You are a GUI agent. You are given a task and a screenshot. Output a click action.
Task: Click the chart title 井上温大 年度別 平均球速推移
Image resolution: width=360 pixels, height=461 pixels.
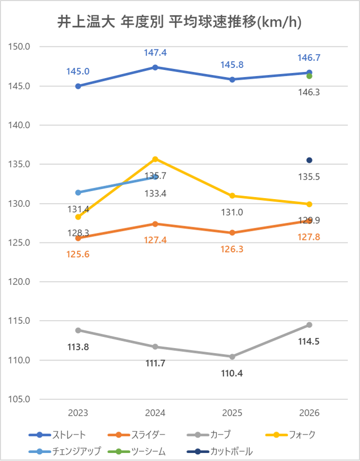pyautogui.click(x=179, y=23)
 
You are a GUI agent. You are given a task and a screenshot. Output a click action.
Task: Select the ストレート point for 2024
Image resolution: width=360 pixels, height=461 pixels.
pyautogui.click(x=155, y=67)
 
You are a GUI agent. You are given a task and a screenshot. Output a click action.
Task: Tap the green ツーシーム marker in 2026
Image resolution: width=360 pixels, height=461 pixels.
pyautogui.click(x=309, y=76)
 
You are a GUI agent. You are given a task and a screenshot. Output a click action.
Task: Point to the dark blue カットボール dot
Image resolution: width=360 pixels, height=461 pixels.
pyautogui.click(x=309, y=160)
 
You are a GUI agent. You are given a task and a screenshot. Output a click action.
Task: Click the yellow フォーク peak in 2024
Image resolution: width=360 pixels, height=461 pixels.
pyautogui.click(x=155, y=159)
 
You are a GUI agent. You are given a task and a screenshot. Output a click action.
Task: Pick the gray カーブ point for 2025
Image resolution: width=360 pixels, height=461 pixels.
pyautogui.click(x=232, y=356)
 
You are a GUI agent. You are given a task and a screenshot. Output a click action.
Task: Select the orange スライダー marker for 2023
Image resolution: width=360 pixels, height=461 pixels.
pyautogui.click(x=78, y=238)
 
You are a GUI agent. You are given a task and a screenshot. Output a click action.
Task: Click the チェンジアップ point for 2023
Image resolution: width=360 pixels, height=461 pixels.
pyautogui.click(x=78, y=192)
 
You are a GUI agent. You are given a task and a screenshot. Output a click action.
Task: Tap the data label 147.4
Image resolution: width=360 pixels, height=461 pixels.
pyautogui.click(x=155, y=53)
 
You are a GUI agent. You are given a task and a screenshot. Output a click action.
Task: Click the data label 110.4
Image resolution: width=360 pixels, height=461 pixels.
pyautogui.click(x=232, y=373)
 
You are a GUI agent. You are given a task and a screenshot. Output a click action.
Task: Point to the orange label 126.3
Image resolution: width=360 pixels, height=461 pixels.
pyautogui.click(x=232, y=249)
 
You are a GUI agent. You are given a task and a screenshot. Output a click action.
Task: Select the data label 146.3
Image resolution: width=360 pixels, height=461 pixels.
pyautogui.click(x=309, y=92)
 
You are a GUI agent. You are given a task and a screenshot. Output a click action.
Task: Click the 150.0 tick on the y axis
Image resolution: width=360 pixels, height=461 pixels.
pyautogui.click(x=20, y=47)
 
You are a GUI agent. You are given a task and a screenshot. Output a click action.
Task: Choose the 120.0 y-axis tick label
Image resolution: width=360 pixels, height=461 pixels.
pyautogui.click(x=20, y=282)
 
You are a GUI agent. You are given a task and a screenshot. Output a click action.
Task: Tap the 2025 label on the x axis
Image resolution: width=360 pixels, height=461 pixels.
pyautogui.click(x=232, y=413)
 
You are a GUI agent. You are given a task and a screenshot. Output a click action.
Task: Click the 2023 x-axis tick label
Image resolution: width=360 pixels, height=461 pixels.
pyautogui.click(x=78, y=413)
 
